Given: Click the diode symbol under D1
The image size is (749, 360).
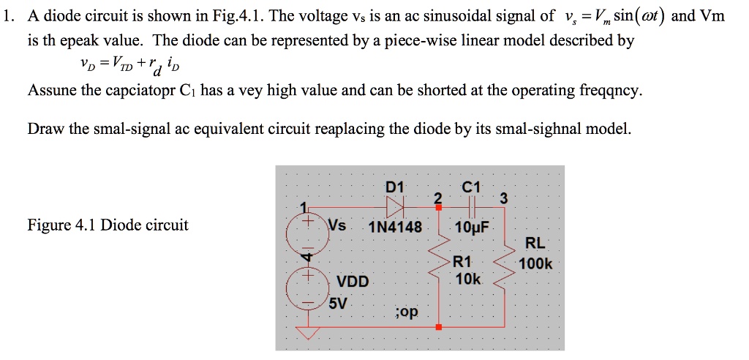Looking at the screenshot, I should pyautogui.click(x=396, y=208).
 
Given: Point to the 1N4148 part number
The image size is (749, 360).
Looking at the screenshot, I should pyautogui.click(x=396, y=228).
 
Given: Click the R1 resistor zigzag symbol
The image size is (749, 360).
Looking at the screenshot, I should pyautogui.click(x=441, y=270).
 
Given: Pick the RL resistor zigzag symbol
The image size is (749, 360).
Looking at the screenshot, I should pyautogui.click(x=503, y=271).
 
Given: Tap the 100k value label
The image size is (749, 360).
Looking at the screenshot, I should pyautogui.click(x=535, y=264).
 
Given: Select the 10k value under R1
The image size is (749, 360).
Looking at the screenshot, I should pyautogui.click(x=467, y=280).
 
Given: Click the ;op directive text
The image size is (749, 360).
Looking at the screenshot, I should pyautogui.click(x=406, y=312).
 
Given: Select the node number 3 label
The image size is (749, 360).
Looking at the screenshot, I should pyautogui.click(x=502, y=198).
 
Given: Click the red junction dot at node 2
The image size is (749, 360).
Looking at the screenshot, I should pyautogui.click(x=438, y=209).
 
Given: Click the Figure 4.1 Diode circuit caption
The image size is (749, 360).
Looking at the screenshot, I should pyautogui.click(x=108, y=225).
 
